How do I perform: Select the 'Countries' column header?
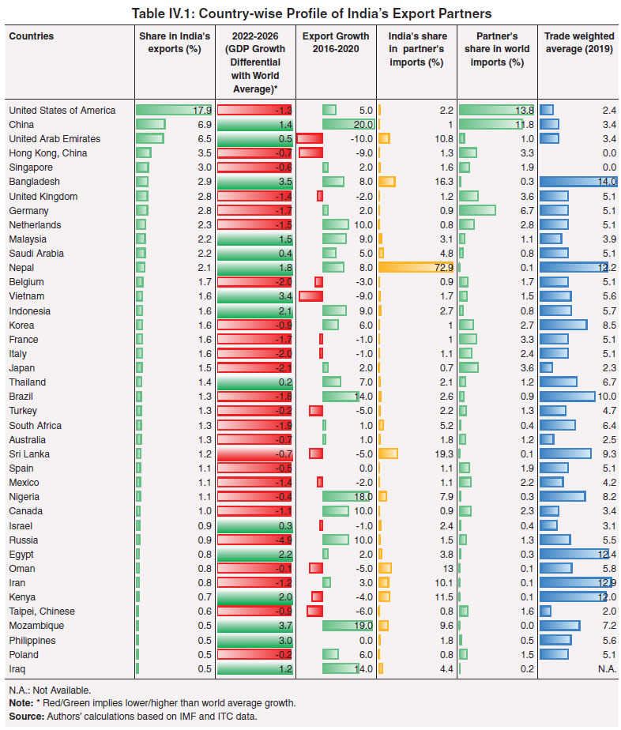point(32,36)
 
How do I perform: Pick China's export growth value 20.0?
point(359,125)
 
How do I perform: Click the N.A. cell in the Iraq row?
point(606,668)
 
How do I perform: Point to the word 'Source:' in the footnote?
point(25,715)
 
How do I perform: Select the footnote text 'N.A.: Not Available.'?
point(51,690)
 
